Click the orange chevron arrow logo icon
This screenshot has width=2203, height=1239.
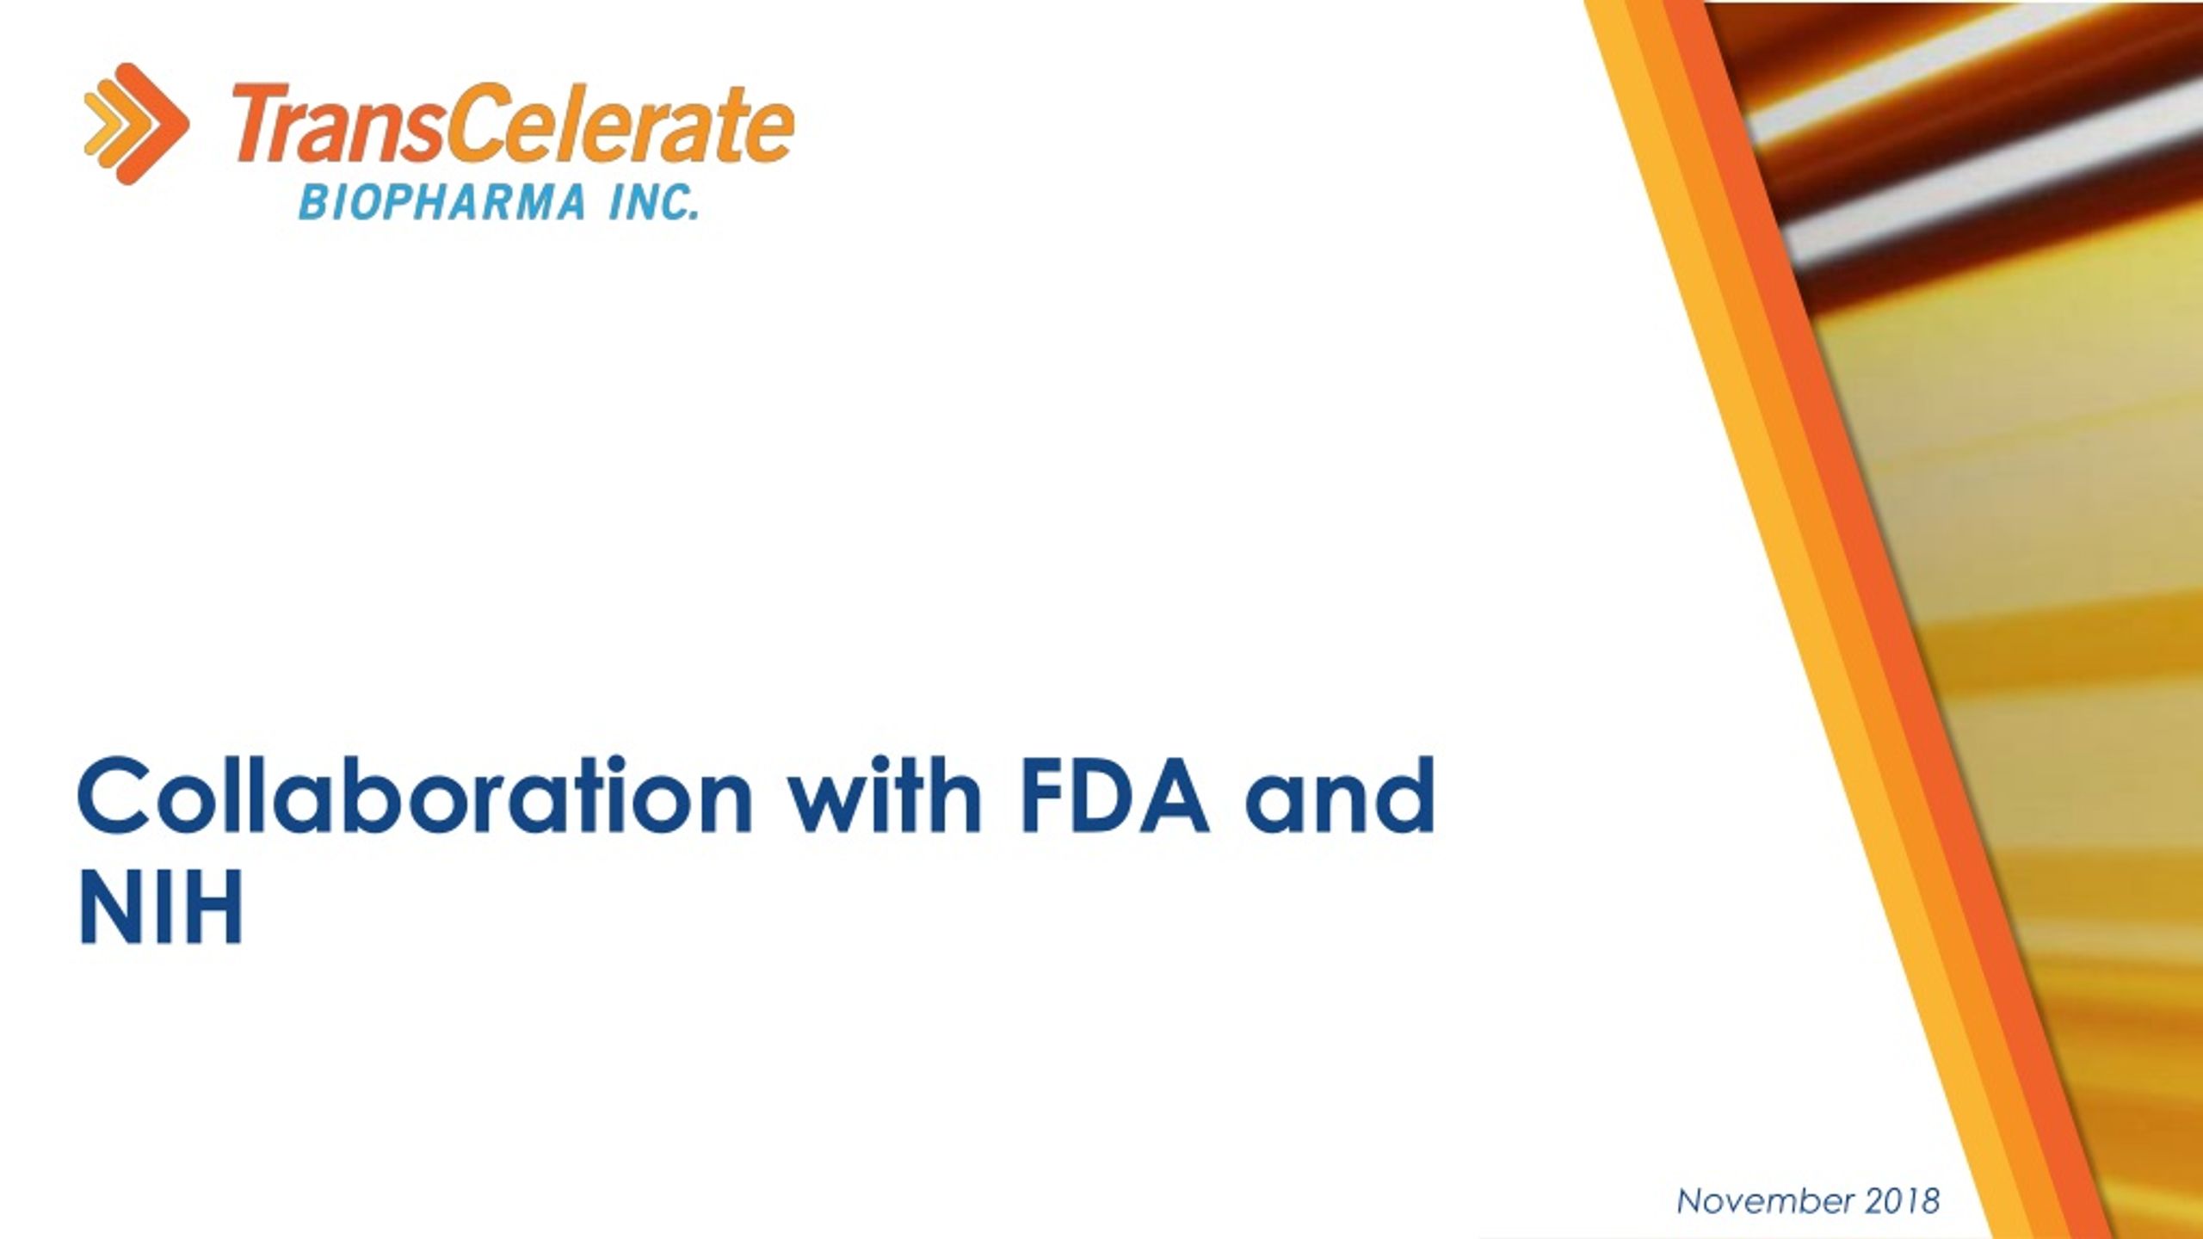click(136, 123)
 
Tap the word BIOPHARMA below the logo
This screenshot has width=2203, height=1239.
click(442, 204)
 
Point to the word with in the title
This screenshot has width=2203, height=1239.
click(885, 797)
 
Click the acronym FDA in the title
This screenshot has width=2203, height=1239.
click(1115, 797)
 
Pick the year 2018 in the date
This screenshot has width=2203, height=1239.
click(1903, 1201)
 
